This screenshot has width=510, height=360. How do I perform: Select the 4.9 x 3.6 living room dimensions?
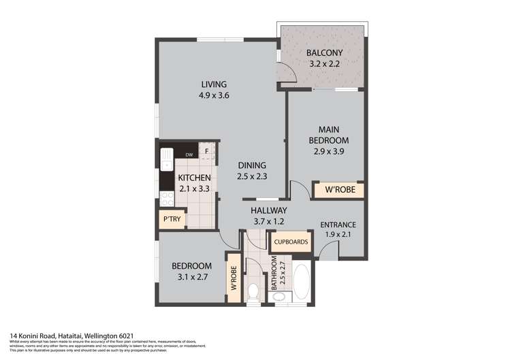tap(214, 96)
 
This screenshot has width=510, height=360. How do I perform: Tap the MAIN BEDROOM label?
tap(324, 135)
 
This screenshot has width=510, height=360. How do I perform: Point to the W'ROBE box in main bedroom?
tap(338, 190)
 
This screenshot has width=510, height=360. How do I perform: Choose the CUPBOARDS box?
tap(291, 242)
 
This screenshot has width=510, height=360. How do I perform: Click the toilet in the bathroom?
tap(254, 291)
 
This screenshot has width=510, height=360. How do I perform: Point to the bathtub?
tap(301, 279)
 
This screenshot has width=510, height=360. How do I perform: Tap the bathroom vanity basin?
tap(285, 295)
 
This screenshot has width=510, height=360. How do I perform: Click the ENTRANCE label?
tap(338, 225)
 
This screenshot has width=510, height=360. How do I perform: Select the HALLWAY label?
tap(268, 210)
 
